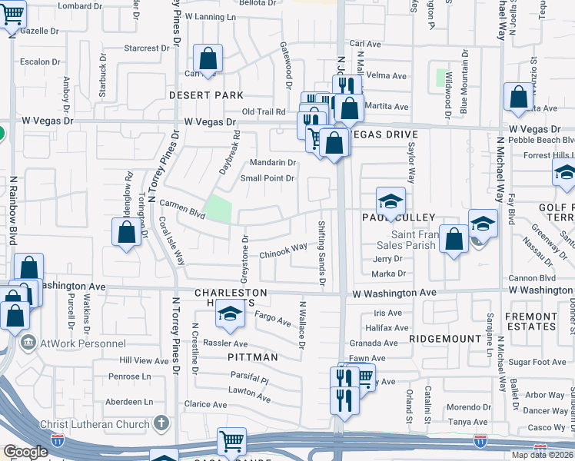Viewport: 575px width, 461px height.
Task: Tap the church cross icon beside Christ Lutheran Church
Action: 161,423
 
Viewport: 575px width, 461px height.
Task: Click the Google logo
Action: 25,452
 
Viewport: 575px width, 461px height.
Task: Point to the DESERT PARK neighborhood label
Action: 207,95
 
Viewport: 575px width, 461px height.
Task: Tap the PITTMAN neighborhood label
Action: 251,357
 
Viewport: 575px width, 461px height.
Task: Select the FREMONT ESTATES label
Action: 530,321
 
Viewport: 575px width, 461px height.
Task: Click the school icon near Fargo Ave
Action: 229,313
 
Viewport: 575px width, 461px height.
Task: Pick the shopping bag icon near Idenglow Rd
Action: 125,233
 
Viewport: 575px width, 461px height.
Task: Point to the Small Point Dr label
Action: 268,178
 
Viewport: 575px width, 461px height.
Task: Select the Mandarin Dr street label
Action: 273,163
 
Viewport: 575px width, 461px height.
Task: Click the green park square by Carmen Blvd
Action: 220,208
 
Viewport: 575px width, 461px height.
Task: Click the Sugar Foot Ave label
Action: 538,362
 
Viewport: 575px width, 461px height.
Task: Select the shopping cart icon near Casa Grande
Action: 231,442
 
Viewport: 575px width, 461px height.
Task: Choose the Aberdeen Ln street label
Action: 131,401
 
